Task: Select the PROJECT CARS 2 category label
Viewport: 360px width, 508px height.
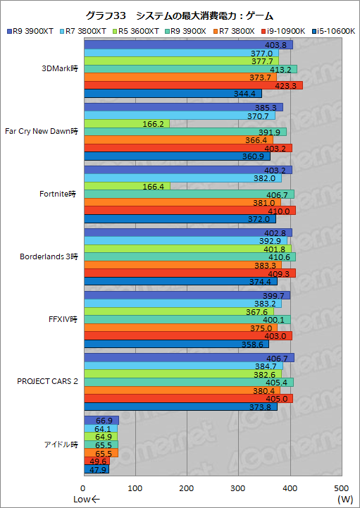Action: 48,381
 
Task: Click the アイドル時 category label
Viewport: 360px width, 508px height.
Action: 58,444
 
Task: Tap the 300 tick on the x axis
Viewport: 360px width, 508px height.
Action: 238,488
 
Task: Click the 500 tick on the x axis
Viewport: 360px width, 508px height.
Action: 342,488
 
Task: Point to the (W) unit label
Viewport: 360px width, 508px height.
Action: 345,500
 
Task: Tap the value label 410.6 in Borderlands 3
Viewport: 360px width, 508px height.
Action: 277,257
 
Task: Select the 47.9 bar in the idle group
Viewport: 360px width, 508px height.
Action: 96,470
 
